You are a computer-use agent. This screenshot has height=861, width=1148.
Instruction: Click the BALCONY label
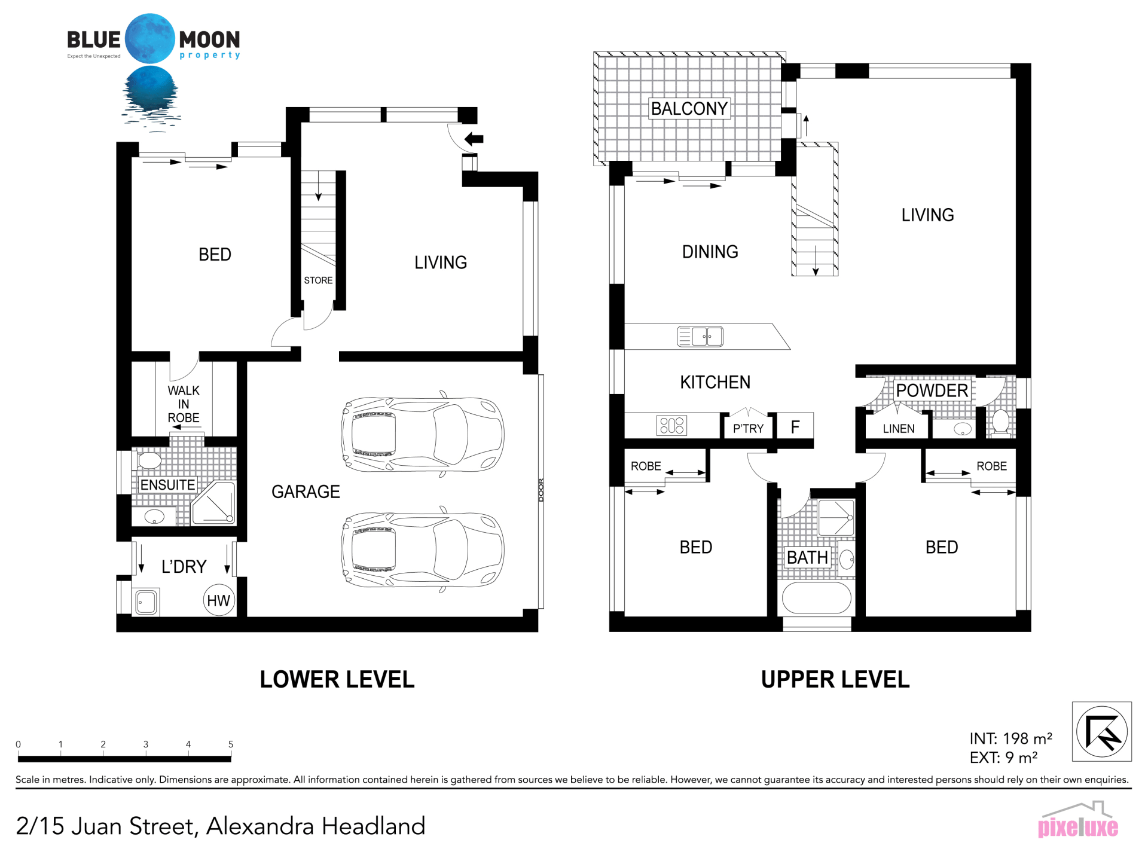tap(689, 108)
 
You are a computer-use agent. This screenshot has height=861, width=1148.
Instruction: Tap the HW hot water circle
tap(218, 600)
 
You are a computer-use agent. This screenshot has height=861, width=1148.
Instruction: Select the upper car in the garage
tap(423, 435)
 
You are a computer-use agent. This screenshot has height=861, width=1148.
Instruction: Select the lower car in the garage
tap(423, 549)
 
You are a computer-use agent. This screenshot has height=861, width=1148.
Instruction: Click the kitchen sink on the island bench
tap(700, 337)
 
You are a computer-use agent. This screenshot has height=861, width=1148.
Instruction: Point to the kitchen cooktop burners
tap(672, 426)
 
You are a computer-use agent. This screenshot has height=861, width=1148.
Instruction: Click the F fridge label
tap(795, 427)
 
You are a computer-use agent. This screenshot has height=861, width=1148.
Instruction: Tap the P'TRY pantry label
tap(749, 428)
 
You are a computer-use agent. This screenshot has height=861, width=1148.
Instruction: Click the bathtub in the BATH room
tap(817, 596)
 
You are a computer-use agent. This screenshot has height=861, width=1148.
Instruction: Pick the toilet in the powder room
tap(1000, 422)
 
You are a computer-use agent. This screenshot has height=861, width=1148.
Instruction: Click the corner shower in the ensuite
tap(213, 503)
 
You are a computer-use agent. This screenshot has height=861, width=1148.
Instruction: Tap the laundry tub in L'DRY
tap(146, 602)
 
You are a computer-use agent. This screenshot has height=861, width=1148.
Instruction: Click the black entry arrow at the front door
tap(474, 139)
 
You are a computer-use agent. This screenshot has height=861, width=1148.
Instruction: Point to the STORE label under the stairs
tap(318, 280)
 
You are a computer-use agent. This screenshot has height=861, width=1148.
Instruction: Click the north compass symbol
tap(1102, 731)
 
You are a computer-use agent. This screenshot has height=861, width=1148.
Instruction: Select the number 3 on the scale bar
tap(146, 744)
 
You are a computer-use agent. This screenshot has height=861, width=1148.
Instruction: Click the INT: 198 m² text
tap(1011, 738)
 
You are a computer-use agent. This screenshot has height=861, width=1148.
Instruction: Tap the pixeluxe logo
tap(1078, 820)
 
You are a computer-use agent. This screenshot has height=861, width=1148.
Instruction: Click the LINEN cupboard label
tap(899, 429)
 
